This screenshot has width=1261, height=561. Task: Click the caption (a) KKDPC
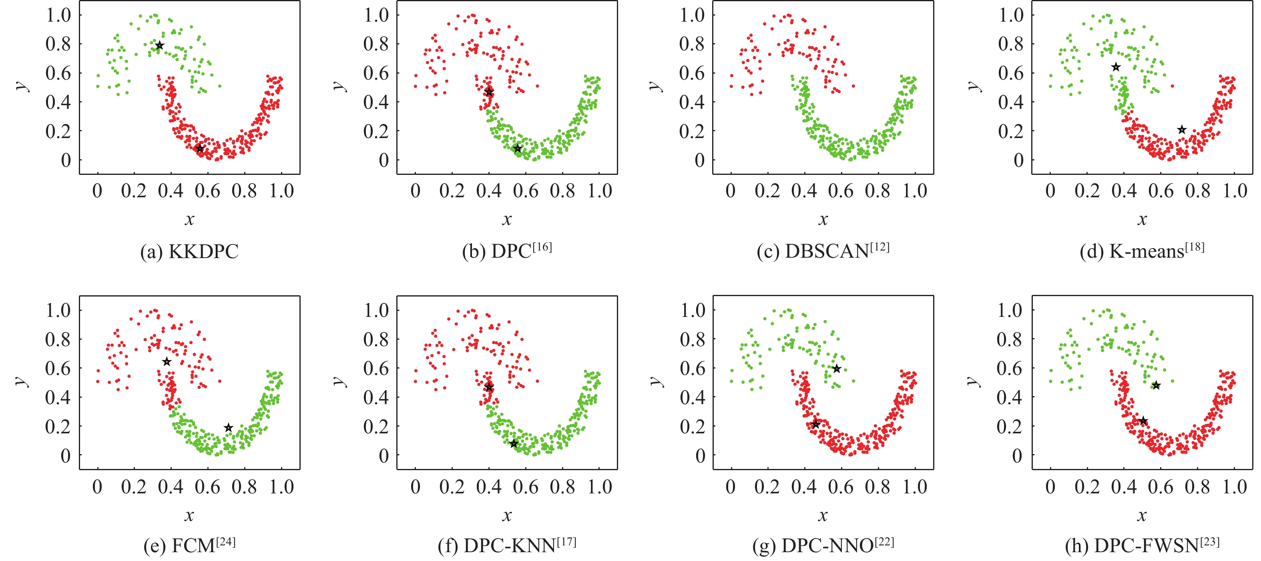coord(189,251)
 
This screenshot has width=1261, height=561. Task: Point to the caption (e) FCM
coord(189,545)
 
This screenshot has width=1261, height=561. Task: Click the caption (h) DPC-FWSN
coord(1142,545)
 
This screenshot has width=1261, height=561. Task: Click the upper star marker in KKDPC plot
coord(160,46)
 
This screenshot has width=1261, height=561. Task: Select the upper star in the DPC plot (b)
coord(489,92)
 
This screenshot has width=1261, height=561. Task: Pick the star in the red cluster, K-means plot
coord(1182,130)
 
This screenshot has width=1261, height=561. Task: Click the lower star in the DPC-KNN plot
coord(514,444)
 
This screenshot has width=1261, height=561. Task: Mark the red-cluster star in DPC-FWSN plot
coord(1143,421)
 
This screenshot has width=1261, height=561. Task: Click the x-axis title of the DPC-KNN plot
coord(507,515)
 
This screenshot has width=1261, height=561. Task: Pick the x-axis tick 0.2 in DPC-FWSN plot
coord(1087,487)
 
